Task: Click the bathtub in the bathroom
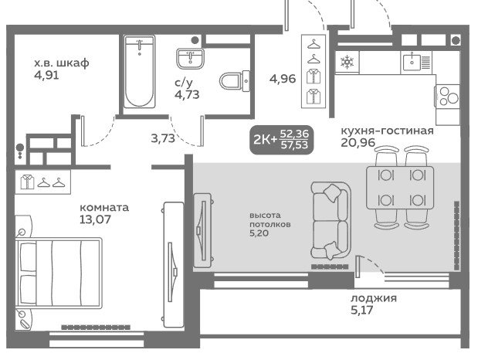140,71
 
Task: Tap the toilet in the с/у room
235,81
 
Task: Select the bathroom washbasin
190,58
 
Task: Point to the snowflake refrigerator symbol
347,63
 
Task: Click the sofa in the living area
331,220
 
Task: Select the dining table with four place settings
400,188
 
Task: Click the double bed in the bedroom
59,273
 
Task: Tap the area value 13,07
95,219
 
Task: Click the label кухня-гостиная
387,131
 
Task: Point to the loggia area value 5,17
362,311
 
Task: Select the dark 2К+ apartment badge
281,139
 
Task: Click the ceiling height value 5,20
259,233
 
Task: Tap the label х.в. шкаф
62,63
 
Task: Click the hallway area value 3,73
163,138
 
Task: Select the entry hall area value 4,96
283,79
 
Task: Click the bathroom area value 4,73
187,94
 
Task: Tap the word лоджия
374,298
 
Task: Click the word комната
104,208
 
